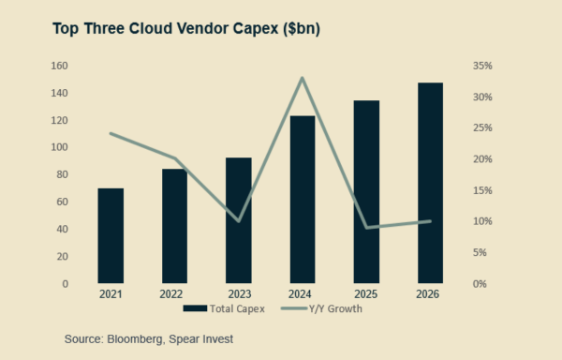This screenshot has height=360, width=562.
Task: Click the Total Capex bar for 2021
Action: point(111,235)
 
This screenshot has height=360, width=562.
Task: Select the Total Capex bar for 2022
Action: point(174,226)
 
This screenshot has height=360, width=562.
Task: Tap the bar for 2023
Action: point(238,220)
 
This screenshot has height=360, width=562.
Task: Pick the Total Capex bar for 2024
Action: point(303,199)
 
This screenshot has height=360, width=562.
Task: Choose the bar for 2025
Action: point(366,191)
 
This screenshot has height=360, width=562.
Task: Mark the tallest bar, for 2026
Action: point(430,183)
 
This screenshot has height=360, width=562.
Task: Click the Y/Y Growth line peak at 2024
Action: point(303,78)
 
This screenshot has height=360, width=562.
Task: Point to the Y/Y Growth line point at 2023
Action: point(238,221)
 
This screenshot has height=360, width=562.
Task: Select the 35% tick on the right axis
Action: point(482,66)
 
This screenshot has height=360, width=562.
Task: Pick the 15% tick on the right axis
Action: point(482,190)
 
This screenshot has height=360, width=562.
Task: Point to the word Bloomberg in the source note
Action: point(135,338)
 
